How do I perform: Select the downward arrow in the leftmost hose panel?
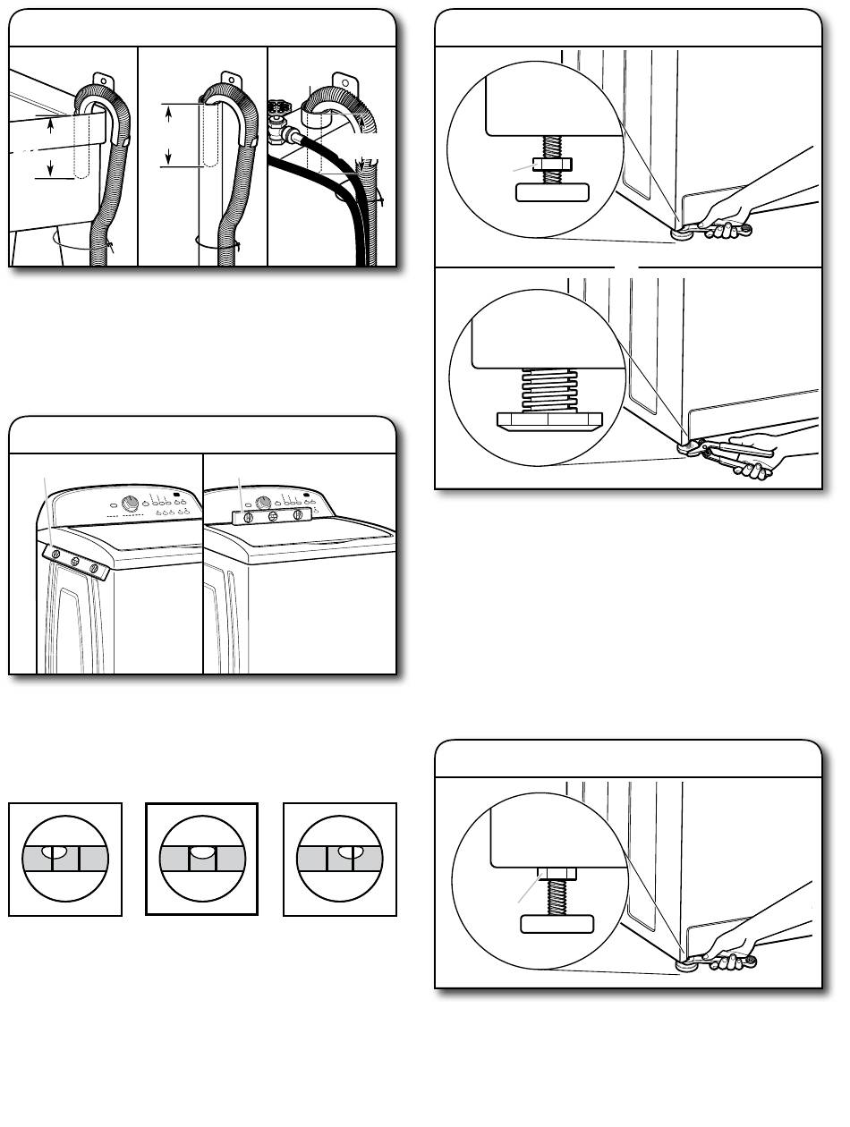50,166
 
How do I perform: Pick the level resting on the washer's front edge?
75,564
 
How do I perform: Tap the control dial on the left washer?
133,505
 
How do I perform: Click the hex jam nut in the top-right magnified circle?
546,165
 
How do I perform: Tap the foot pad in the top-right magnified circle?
552,191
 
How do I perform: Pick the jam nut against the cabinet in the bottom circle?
547,873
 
